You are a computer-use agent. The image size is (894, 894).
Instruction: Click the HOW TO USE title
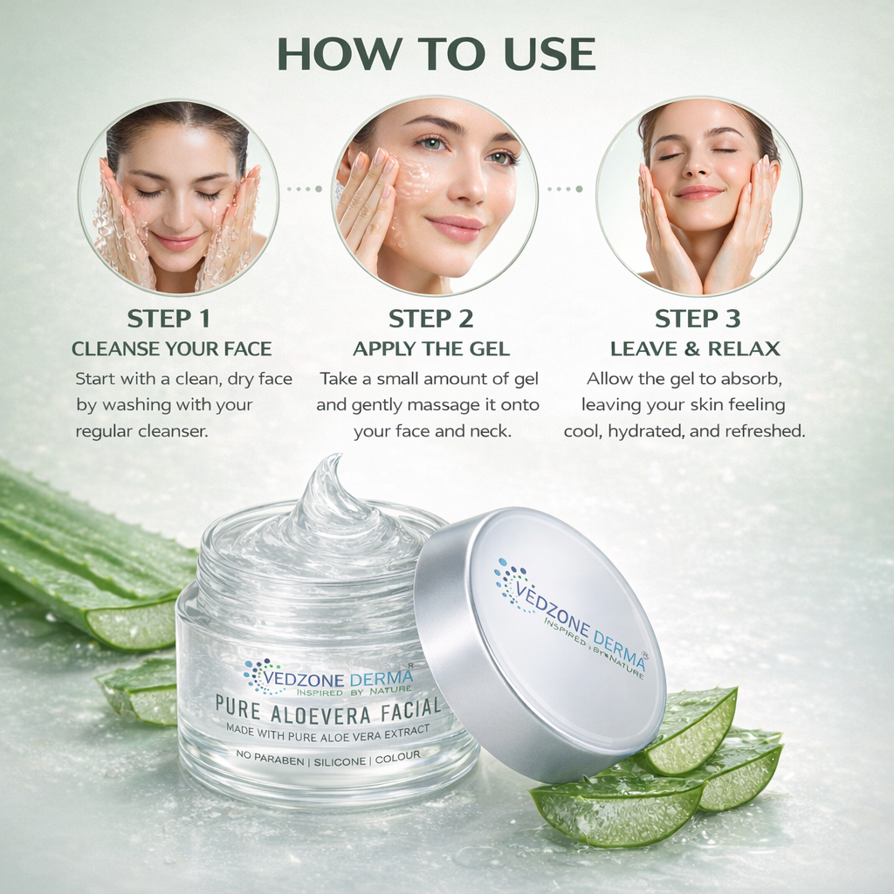click(x=436, y=54)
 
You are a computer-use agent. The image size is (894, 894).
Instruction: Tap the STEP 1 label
click(x=168, y=318)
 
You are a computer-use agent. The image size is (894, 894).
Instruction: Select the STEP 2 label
click(x=430, y=318)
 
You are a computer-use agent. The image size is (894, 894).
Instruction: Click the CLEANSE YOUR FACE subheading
click(x=171, y=349)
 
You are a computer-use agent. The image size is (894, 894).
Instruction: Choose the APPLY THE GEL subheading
click(x=430, y=349)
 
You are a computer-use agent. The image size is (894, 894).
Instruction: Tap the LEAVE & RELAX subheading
click(x=695, y=349)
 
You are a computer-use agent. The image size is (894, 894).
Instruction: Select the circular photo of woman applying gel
click(x=434, y=196)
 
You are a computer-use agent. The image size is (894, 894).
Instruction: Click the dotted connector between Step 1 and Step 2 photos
click(x=305, y=189)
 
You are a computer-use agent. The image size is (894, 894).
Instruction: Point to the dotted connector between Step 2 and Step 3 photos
click(x=566, y=189)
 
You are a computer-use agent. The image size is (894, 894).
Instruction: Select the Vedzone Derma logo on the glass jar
click(x=328, y=677)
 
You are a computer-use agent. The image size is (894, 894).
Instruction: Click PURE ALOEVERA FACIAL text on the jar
click(x=328, y=707)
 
